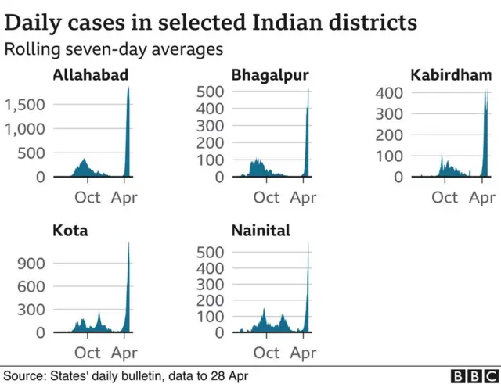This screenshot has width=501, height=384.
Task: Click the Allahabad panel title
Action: click(91, 76)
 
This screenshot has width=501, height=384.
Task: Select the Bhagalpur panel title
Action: click(269, 76)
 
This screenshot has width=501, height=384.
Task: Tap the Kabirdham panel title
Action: click(451, 76)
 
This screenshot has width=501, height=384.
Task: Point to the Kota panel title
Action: click(70, 231)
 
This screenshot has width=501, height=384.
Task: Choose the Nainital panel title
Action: click(261, 231)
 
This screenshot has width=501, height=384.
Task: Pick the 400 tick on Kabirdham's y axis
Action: click(389, 93)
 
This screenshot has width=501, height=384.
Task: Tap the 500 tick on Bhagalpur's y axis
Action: click(211, 92)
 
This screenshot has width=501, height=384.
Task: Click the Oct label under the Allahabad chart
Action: click(88, 197)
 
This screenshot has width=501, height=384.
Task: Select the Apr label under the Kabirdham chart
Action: click(482, 197)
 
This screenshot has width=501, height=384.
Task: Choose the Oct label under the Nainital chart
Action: click(266, 353)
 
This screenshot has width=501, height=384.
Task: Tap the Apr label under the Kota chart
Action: click(125, 353)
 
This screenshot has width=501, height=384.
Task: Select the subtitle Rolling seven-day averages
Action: click(114, 49)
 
